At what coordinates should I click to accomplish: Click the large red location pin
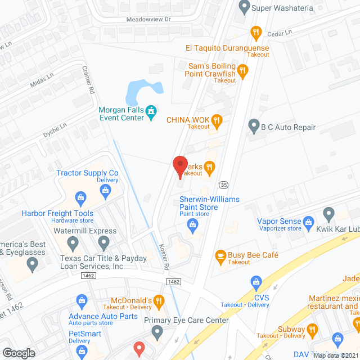pyautogui.click(x=179, y=165)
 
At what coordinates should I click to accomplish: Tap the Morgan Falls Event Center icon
pyautogui.click(x=150, y=112)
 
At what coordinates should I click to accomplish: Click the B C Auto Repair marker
pyautogui.click(x=254, y=127)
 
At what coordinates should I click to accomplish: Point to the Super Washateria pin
pyautogui.click(x=244, y=7)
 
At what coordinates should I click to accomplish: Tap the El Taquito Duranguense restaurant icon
pyautogui.click(x=256, y=33)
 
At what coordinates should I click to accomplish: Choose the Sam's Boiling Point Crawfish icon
pyautogui.click(x=242, y=71)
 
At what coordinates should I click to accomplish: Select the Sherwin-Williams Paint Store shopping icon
pyautogui.click(x=193, y=226)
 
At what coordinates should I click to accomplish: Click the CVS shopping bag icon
pyautogui.click(x=256, y=281)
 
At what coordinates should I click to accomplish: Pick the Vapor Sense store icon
pyautogui.click(x=308, y=222)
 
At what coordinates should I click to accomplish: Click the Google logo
pyautogui.click(x=19, y=353)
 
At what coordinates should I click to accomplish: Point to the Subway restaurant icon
pyautogui.click(x=310, y=330)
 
